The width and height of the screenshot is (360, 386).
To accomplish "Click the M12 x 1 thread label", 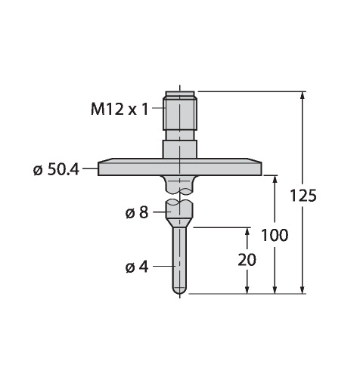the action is coord(119,110).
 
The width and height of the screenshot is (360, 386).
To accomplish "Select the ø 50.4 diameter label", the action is coord(56,170).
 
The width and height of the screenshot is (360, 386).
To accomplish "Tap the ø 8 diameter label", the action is coord(137,213).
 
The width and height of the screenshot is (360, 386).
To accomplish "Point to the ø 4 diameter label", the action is coord(137,267).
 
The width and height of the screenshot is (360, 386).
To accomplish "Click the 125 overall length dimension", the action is coord(303,196).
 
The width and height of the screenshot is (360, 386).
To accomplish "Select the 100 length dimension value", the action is coord(275,235).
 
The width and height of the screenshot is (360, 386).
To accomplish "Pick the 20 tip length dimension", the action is coord(247,260).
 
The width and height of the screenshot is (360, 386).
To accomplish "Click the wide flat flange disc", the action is coord(180,167).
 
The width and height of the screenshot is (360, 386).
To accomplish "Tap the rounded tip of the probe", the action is coord(180,291).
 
